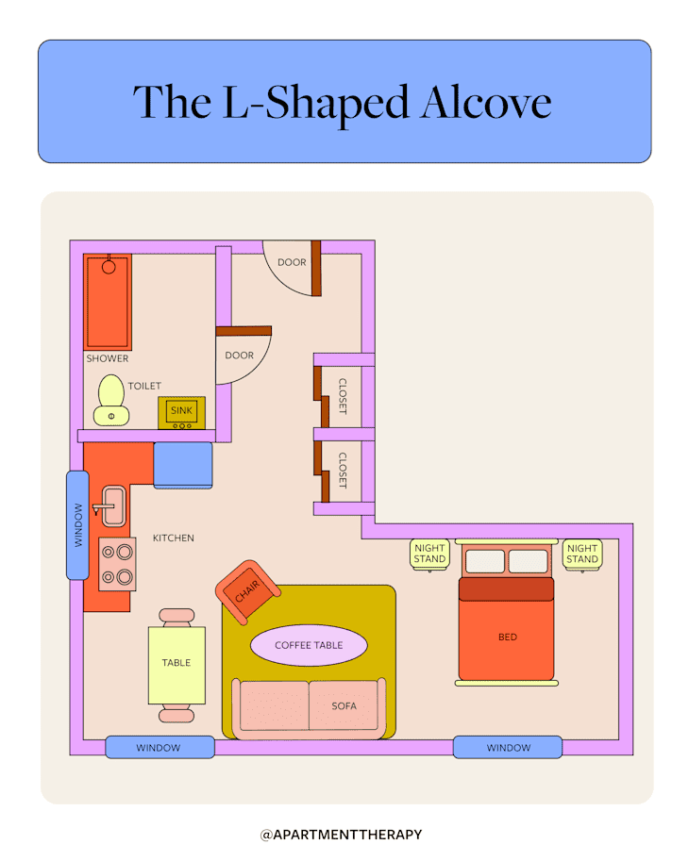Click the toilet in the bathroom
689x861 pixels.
(x=111, y=400)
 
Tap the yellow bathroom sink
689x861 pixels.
(x=182, y=413)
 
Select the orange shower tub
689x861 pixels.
(x=108, y=302)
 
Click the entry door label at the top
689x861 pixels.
(x=292, y=262)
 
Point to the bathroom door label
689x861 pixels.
(x=240, y=356)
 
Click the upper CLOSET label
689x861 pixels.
(x=343, y=396)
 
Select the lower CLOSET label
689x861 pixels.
(x=343, y=471)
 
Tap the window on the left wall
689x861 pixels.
(x=77, y=525)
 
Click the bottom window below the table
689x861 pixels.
(x=160, y=747)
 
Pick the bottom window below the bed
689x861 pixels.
(x=508, y=747)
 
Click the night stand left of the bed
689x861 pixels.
(x=429, y=555)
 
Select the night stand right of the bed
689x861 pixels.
(x=582, y=555)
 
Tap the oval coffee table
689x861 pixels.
(x=309, y=645)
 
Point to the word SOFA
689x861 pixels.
(x=344, y=706)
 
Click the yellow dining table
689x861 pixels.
(x=176, y=666)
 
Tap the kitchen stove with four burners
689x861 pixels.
(x=117, y=564)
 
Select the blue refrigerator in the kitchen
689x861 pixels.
(x=183, y=465)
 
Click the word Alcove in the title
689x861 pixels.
(x=486, y=103)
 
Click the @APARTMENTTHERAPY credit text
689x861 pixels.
(x=342, y=835)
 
